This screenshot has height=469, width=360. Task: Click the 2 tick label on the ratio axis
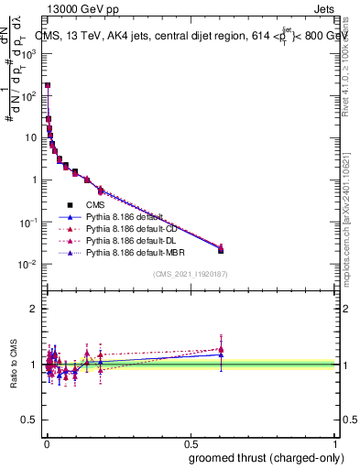(35, 309)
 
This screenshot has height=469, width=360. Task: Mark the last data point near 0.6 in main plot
(221, 249)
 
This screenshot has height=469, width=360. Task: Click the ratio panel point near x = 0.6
(221, 350)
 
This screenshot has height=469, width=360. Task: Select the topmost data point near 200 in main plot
(48, 85)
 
